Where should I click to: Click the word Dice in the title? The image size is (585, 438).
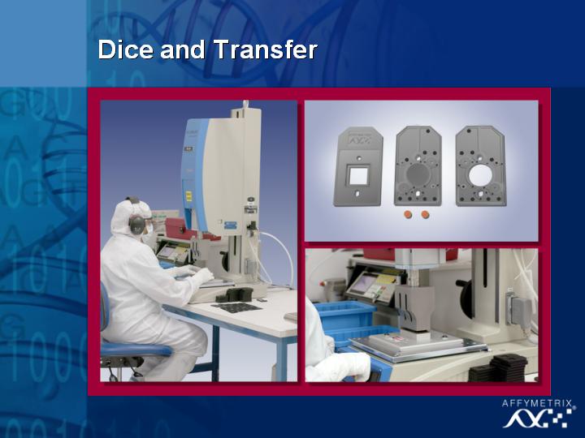[125, 49]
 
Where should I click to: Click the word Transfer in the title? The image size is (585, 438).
[265, 49]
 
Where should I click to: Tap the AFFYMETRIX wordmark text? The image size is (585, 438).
[537, 403]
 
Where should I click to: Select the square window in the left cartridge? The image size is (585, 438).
[358, 175]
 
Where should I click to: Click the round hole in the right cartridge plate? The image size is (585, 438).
[480, 175]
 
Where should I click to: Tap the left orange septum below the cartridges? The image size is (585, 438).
[408, 214]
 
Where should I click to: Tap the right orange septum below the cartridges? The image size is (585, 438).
[425, 214]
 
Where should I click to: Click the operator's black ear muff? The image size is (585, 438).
[136, 224]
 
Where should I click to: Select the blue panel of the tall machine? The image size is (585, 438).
[195, 175]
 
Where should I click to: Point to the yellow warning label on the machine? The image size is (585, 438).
[188, 196]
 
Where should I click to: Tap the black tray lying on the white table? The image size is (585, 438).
[236, 307]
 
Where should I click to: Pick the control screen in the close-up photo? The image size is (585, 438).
[362, 284]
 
